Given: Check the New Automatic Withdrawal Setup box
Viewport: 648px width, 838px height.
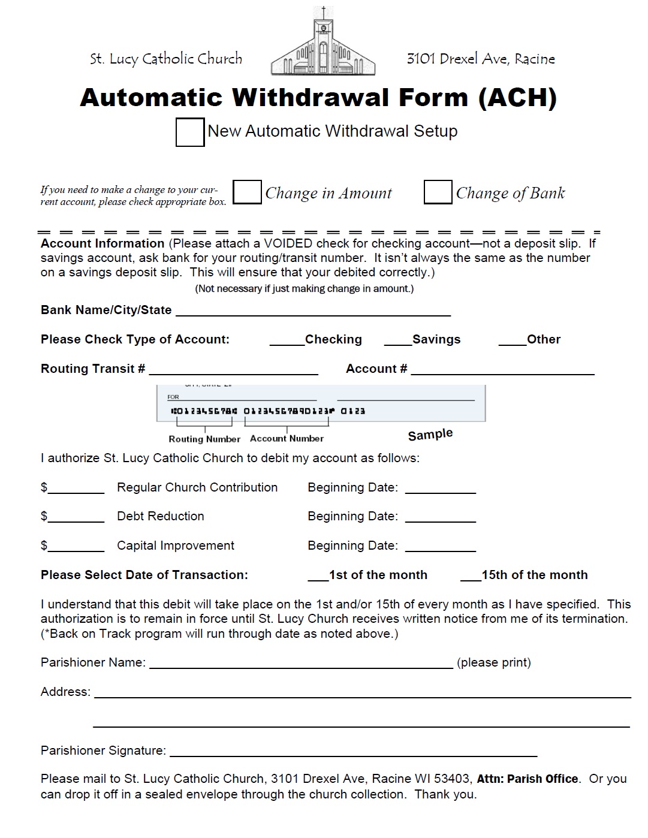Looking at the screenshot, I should pos(189,132).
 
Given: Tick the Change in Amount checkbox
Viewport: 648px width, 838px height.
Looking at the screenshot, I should pos(247,192).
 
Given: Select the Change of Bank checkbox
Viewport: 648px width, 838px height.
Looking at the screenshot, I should pos(438,192).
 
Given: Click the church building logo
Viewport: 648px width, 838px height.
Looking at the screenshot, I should pos(323,48).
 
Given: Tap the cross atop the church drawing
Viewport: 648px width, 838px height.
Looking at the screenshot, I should pos(324,12).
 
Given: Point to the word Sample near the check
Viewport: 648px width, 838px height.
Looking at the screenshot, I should pos(430,435).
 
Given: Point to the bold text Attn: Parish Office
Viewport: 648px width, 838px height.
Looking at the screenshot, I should pos(528,779).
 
